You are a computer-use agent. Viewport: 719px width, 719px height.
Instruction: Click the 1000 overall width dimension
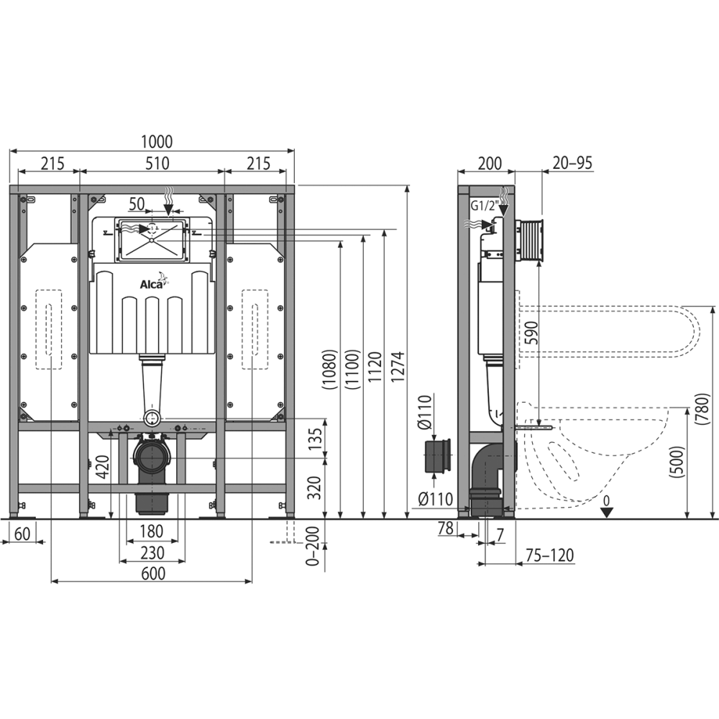coord(157,142)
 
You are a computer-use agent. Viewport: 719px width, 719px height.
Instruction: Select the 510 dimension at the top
coord(157,163)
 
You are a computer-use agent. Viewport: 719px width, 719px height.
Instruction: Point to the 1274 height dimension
coord(398,367)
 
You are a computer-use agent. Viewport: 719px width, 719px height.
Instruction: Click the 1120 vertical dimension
coord(375,367)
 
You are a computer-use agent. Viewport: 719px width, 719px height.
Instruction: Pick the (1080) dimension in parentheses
coord(330,370)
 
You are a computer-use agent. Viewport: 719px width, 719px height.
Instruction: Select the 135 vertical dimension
coord(315,439)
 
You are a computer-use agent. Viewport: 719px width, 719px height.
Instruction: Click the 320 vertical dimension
coord(315,488)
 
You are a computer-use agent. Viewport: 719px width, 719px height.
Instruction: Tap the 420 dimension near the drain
coord(102,467)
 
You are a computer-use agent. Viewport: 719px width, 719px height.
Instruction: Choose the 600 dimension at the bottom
coord(153,573)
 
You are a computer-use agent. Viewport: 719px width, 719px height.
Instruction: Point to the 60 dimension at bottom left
coord(22,533)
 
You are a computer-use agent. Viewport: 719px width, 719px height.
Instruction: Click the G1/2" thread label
coord(485,206)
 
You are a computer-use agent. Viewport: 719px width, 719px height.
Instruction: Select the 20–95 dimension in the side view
coord(572,162)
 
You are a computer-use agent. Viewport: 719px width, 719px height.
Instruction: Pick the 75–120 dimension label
coord(549,555)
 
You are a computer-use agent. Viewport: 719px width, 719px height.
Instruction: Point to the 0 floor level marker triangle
coord(607,512)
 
